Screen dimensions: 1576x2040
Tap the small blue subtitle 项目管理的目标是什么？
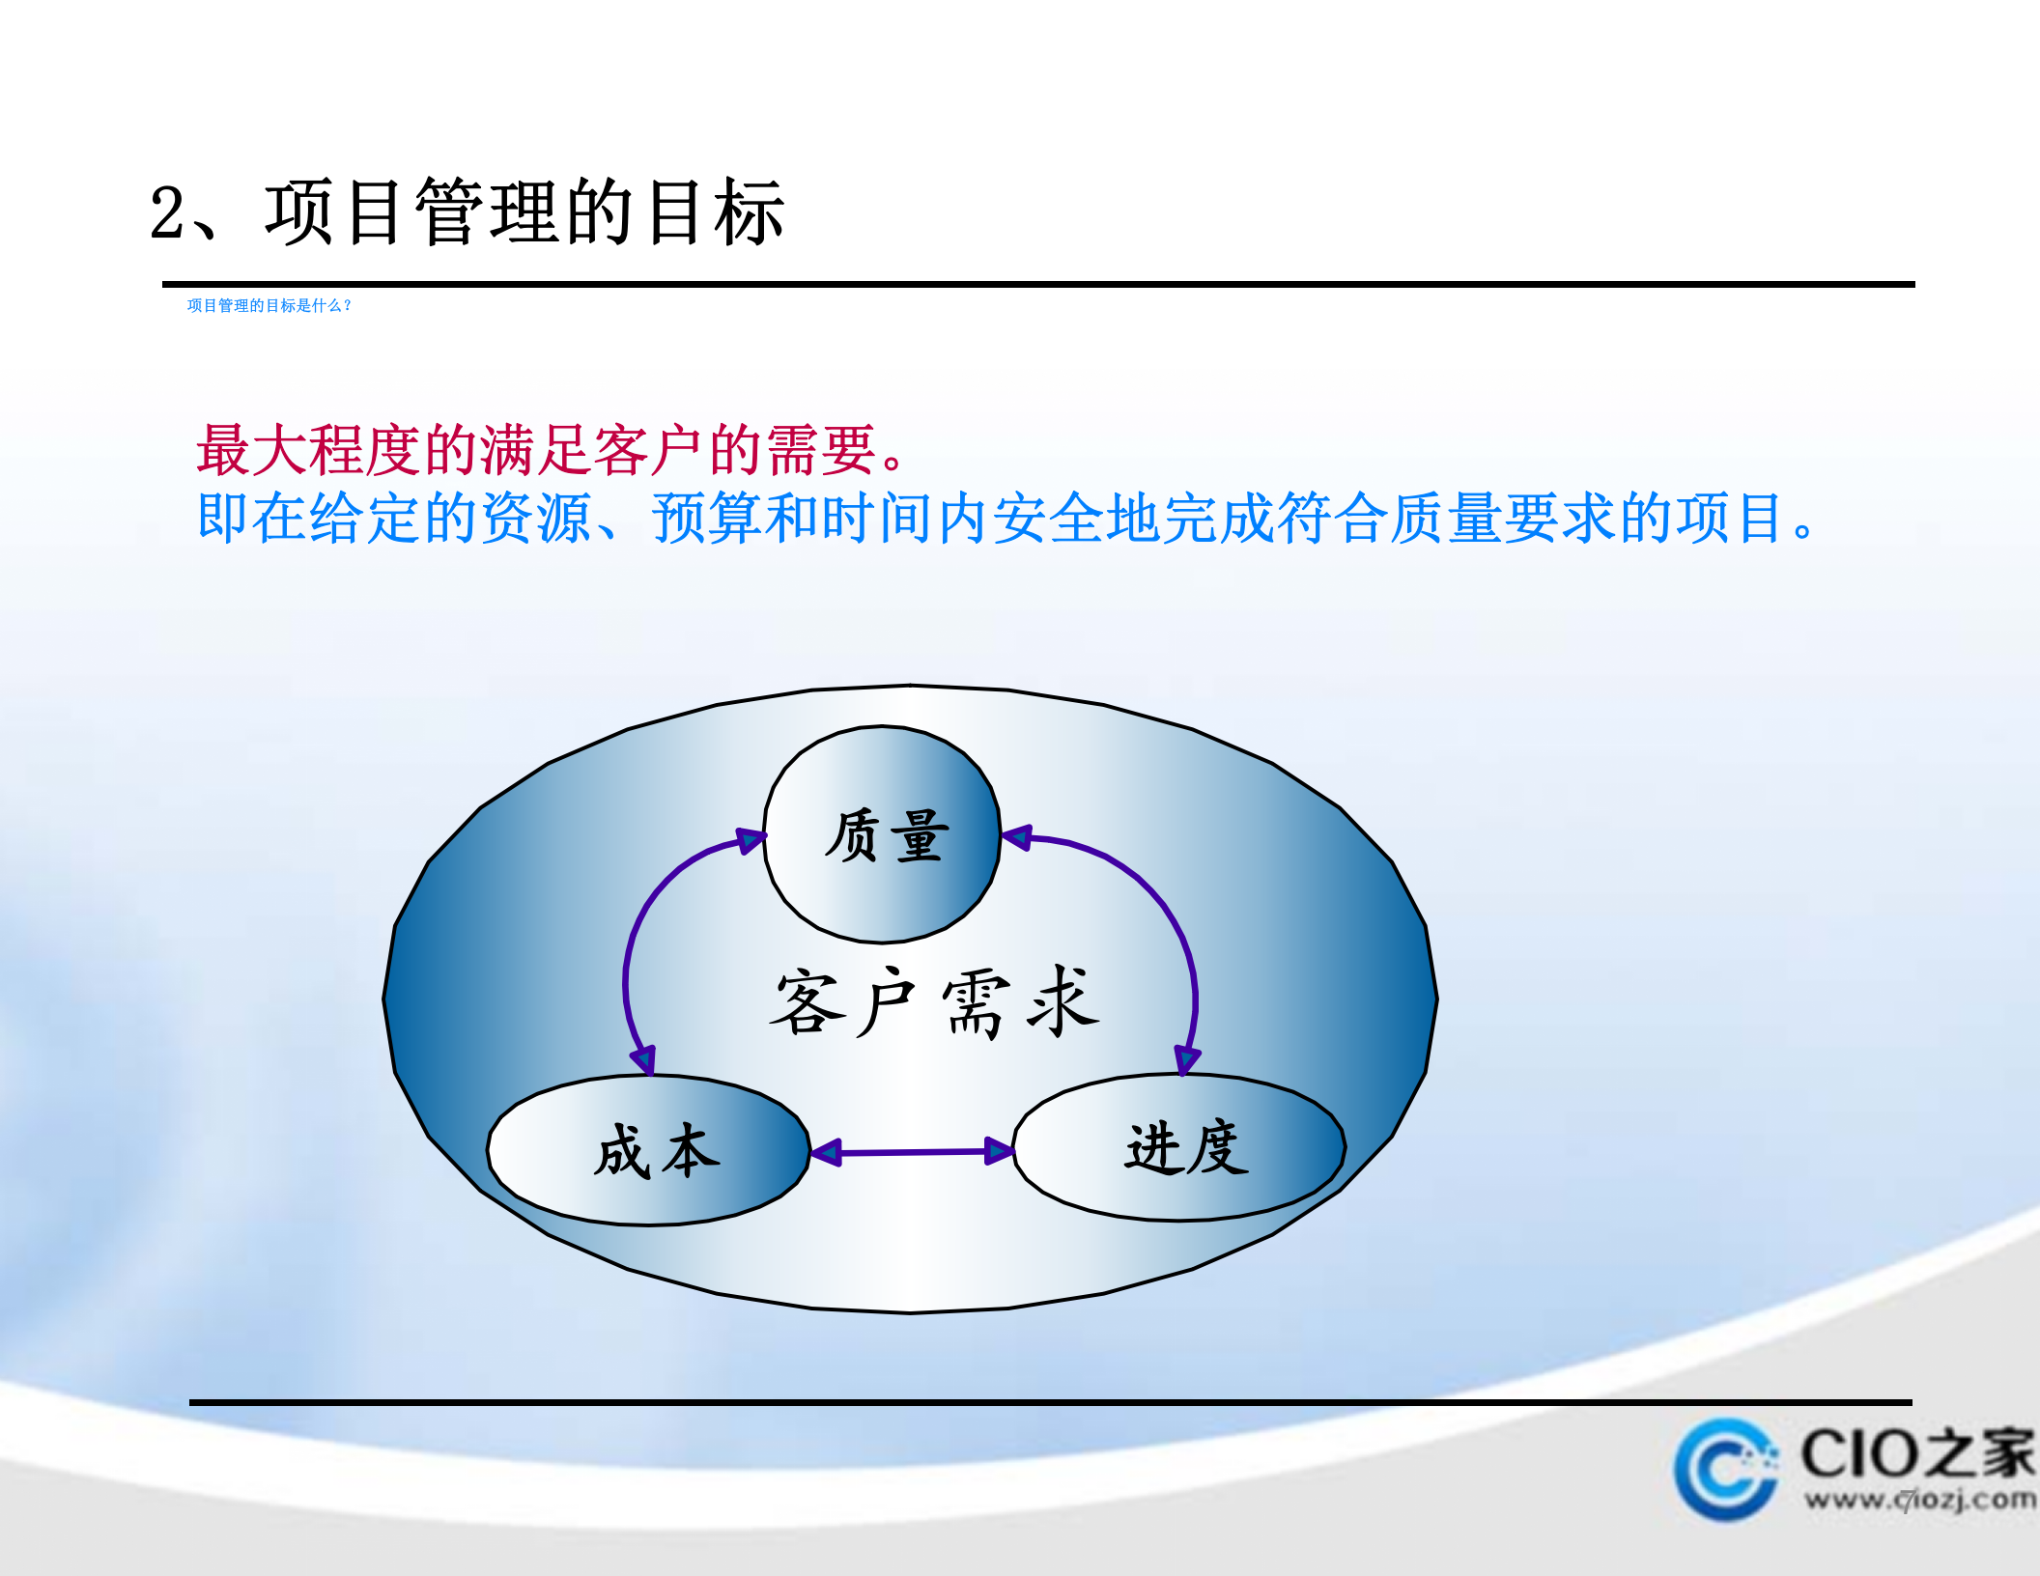(x=269, y=306)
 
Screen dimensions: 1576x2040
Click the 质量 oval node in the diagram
(x=882, y=834)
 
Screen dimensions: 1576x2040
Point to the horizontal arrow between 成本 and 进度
(x=912, y=1151)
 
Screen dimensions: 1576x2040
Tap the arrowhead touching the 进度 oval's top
(x=1186, y=1060)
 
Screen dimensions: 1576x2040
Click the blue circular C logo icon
(x=1725, y=1469)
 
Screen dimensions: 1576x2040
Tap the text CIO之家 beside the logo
(x=1916, y=1454)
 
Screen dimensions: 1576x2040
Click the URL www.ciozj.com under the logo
(x=1918, y=1500)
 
